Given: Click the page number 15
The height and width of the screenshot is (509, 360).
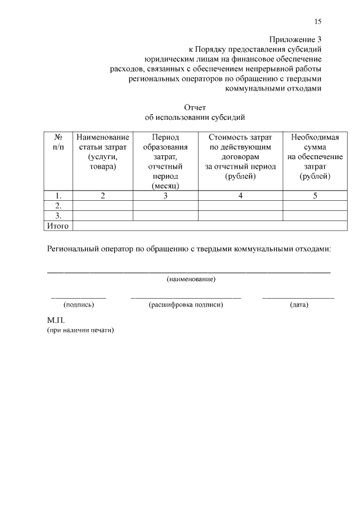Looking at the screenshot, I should click(318, 21).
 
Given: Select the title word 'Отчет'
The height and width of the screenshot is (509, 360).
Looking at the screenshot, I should click(195, 107).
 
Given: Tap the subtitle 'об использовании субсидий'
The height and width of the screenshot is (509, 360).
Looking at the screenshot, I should click(195, 118).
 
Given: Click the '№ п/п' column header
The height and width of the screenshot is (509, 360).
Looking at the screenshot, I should click(58, 142).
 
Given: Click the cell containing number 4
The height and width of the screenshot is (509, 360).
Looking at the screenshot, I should click(240, 196).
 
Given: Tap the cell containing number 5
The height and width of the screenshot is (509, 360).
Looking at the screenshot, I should click(314, 196).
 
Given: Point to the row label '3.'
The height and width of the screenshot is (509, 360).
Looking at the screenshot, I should click(58, 216).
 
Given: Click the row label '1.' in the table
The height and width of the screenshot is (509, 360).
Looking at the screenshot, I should click(58, 196).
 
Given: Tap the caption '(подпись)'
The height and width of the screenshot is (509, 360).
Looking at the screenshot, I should click(79, 305).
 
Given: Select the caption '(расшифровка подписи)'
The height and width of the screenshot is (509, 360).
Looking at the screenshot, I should click(186, 305).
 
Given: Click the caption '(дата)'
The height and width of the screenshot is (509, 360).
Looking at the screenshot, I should click(298, 305).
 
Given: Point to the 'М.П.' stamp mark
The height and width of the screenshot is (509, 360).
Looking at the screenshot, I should click(57, 320).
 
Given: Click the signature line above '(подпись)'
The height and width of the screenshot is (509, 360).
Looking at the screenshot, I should click(79, 297).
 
